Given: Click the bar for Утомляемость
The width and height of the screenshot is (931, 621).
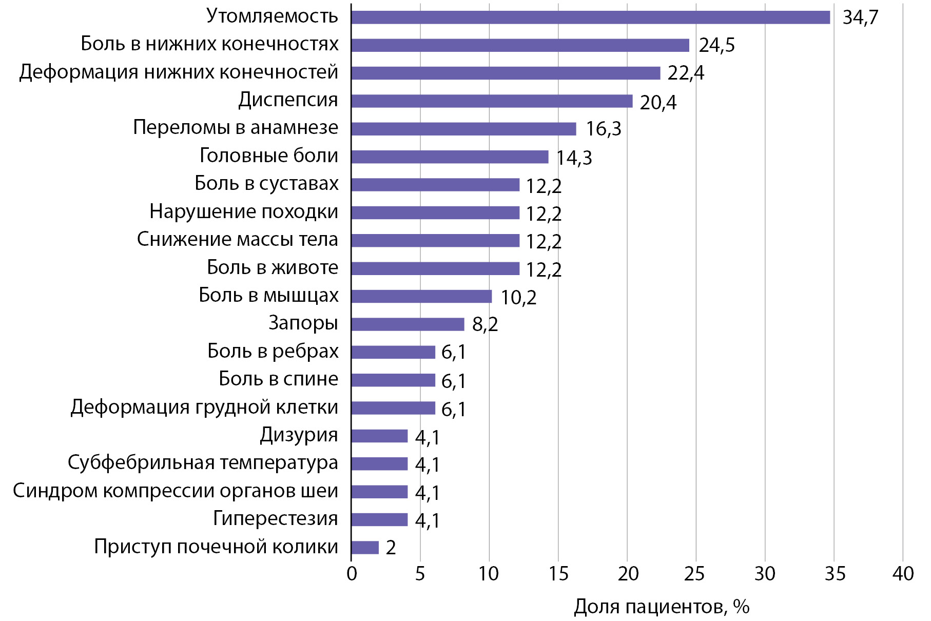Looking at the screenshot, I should (590, 17).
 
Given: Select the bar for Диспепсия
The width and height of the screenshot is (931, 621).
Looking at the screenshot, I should (492, 101).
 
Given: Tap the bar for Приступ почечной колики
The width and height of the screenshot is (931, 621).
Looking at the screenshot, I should (365, 548).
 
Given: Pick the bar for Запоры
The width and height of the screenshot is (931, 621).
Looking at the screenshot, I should (408, 324).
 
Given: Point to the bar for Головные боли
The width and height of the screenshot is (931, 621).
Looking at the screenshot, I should (450, 157).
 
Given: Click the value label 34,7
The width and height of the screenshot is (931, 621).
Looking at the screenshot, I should (860, 17).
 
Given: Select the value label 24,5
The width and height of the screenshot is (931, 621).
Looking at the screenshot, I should (716, 45).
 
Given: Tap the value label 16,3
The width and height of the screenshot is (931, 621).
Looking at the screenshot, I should (603, 129).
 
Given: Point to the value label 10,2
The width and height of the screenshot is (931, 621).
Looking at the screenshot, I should (518, 297).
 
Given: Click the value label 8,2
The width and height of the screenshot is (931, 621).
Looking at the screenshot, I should (484, 324).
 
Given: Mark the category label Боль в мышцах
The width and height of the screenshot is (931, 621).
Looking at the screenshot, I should (268, 296).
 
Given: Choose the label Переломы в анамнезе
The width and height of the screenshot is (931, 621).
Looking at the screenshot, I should (236, 127).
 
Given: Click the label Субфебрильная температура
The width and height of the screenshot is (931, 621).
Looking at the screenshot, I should (203, 462).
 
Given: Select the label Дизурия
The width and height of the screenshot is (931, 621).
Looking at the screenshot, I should (299, 435).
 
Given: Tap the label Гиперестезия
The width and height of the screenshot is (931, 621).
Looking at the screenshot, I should (276, 518).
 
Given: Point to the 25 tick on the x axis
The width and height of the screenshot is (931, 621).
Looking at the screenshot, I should (695, 574).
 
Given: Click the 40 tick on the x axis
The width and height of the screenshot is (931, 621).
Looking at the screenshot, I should (903, 574).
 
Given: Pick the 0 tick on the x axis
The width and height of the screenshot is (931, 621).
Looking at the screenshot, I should (352, 574).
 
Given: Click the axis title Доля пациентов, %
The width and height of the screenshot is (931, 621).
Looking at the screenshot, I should (662, 607).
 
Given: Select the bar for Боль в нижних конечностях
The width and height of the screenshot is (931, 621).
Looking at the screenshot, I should (520, 45).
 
